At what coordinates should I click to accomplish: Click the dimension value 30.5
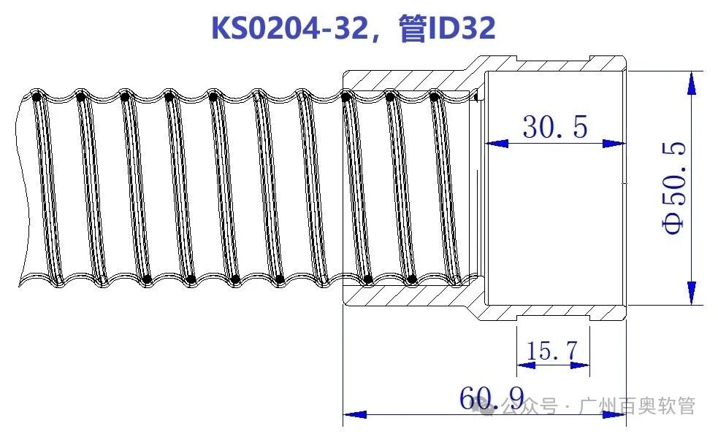point(555,128)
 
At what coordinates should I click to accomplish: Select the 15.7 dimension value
point(552,352)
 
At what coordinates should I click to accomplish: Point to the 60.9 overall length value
point(492,398)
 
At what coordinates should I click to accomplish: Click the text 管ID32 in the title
point(448,28)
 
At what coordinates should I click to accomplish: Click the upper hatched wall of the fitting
point(405,80)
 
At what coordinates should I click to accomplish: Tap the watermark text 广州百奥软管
point(636,406)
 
